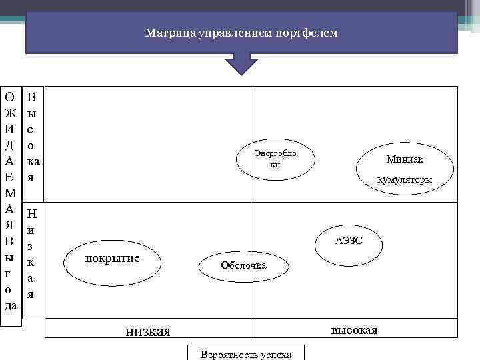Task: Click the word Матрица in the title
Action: point(165,33)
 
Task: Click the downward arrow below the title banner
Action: point(241,65)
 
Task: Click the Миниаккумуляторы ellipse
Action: point(405,168)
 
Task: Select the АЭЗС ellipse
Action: point(349,240)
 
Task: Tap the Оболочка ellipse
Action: point(243,265)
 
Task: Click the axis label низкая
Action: point(148,331)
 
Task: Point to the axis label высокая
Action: point(354,330)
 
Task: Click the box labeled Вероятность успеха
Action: point(246,353)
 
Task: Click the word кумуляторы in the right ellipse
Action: point(405,179)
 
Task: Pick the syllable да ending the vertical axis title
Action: point(11,305)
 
